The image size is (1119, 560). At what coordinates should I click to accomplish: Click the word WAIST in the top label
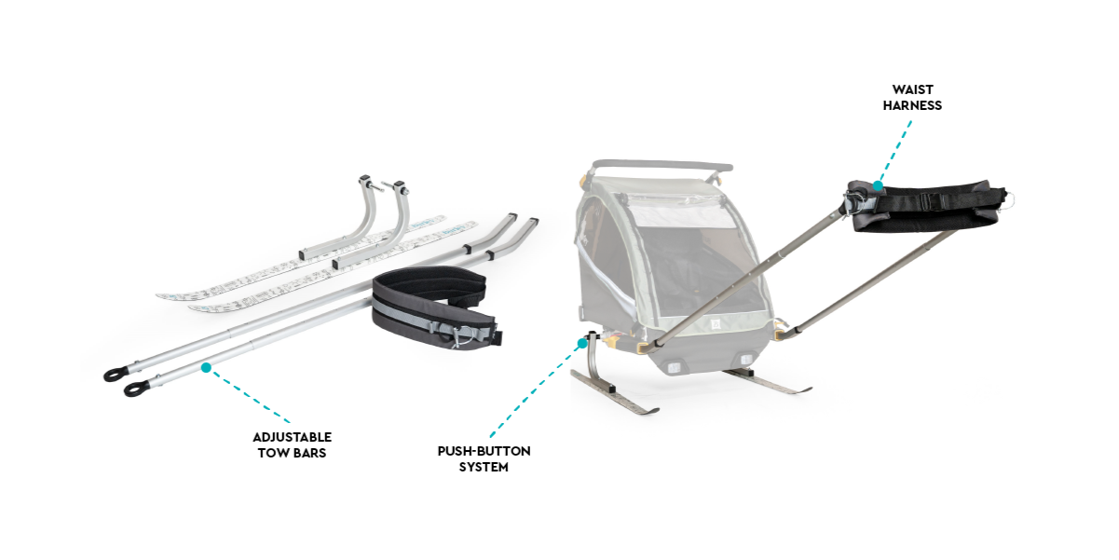(x=912, y=89)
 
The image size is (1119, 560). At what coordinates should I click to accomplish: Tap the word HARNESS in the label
(x=912, y=105)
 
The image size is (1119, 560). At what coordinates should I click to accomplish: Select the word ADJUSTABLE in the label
(x=293, y=437)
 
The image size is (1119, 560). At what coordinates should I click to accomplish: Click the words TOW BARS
(x=293, y=453)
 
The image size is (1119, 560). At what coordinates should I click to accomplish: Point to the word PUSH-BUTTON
(x=484, y=451)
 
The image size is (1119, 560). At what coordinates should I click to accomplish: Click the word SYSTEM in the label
(x=484, y=467)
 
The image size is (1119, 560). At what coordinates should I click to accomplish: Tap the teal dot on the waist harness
(x=878, y=186)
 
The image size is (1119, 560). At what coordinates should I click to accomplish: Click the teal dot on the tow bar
(x=206, y=368)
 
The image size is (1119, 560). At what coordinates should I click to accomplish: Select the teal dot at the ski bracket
(x=582, y=343)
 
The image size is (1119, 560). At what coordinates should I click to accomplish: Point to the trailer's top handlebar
(x=662, y=166)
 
